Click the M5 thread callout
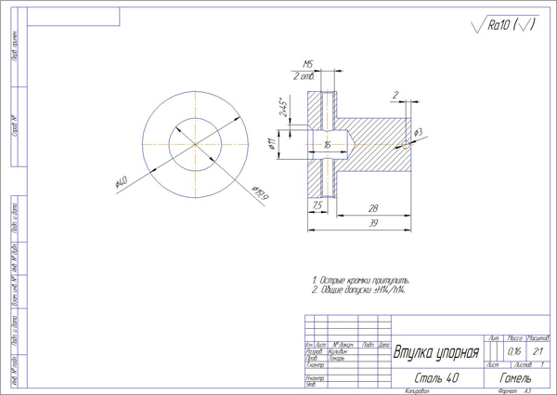307,63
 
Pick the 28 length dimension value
371,208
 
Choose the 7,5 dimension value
317,204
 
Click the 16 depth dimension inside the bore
327,145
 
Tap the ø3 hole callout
418,133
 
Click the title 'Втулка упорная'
436,353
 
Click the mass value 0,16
514,352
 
